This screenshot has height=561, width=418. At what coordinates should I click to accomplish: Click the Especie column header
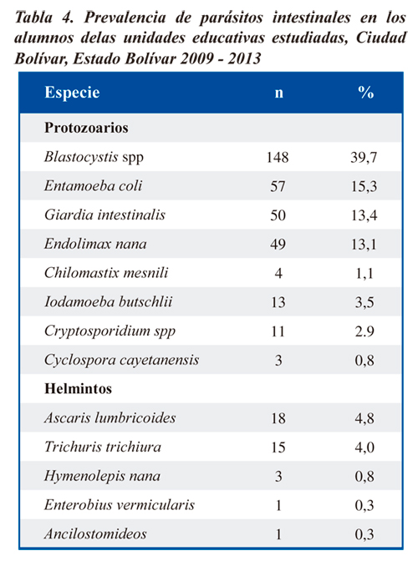coord(72,93)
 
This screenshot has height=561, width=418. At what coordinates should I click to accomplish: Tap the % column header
coord(365,93)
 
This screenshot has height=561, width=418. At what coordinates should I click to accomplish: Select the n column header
coord(278,93)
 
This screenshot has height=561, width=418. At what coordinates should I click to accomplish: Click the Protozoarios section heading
coord(86,128)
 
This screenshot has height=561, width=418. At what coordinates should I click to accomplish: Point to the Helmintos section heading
coord(78,388)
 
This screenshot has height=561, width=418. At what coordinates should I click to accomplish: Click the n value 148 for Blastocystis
coord(278,158)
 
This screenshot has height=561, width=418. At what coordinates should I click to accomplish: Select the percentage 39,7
coord(364,158)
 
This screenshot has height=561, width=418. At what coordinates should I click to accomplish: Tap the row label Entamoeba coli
coord(93,185)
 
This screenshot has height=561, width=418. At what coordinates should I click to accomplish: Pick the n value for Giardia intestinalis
coord(278,215)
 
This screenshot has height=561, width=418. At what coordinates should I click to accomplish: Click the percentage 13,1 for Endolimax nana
coord(364,245)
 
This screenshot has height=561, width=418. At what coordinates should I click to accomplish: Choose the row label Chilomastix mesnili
coord(106,273)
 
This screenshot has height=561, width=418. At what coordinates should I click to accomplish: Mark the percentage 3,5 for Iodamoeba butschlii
coord(364,302)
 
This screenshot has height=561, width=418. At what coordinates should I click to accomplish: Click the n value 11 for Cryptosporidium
coord(278,331)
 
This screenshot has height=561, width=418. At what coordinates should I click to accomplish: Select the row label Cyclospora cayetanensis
coord(121,360)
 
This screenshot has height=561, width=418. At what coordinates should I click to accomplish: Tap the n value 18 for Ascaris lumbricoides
coord(278,418)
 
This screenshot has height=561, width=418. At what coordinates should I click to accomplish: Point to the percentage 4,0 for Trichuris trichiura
coord(364,447)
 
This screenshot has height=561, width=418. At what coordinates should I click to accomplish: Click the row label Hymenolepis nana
coord(102,476)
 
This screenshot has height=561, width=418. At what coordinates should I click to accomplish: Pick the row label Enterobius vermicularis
coord(120,505)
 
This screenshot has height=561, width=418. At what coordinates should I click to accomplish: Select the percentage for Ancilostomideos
coord(364,534)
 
